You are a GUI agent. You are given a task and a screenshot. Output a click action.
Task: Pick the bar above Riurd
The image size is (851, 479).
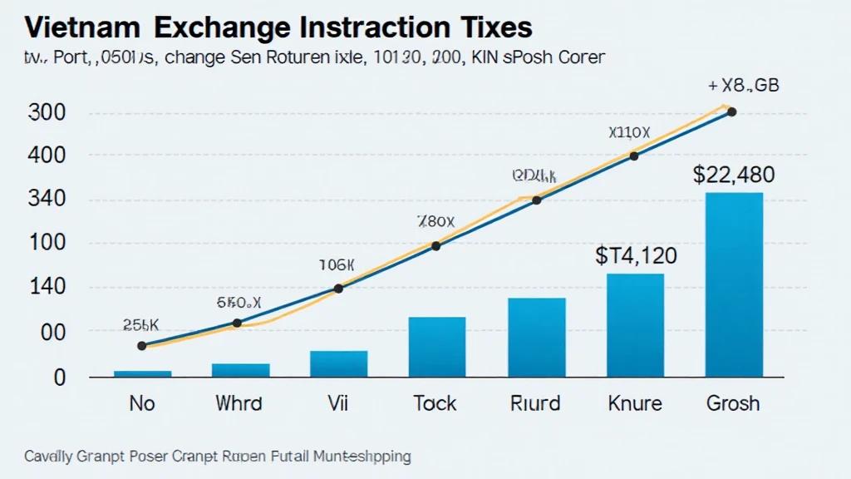536,337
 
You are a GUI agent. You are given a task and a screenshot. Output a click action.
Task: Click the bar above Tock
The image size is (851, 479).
437,347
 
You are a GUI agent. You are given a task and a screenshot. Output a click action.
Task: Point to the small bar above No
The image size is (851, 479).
142,373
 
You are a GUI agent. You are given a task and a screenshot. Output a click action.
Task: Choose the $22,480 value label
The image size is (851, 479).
734,175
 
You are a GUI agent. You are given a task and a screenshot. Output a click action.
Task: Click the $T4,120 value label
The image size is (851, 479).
637,255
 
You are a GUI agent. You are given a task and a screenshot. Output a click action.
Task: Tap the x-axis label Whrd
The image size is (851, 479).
239,403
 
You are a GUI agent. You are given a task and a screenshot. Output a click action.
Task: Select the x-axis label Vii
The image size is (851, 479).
337,403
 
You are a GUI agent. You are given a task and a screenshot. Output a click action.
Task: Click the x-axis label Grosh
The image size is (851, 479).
733,403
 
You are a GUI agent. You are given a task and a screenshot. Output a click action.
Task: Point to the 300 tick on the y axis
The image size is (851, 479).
47,113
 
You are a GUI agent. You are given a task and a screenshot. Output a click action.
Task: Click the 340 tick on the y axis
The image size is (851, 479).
47,200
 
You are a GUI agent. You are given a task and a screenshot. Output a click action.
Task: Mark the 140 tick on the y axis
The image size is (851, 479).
47,288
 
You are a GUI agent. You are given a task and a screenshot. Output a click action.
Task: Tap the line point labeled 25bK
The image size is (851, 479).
141,345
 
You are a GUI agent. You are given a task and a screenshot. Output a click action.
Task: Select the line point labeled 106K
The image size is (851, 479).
338,289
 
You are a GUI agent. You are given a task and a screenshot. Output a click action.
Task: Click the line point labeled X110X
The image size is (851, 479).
634,156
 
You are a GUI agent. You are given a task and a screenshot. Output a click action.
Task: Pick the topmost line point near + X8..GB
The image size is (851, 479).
731,111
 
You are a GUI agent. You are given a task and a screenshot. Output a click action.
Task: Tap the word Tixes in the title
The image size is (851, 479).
491,27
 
